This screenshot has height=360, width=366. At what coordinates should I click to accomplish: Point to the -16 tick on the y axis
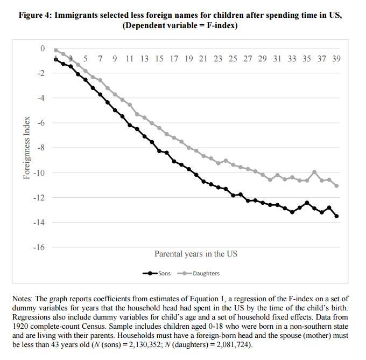coord(40,247)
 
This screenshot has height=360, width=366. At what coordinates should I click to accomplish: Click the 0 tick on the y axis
coord(44,49)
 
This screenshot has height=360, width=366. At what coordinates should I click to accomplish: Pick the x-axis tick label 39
coord(336,58)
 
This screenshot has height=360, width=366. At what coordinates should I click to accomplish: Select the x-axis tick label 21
coord(203,58)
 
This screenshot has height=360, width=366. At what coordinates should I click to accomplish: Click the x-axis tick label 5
coord(86,58)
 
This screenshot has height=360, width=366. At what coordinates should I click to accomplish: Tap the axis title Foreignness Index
coord(26,148)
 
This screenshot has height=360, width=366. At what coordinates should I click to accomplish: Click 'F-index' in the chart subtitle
coord(227,25)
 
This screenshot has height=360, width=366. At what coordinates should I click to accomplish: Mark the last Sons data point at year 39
coord(336,216)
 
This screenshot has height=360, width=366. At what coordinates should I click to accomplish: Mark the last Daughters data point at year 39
coord(336,186)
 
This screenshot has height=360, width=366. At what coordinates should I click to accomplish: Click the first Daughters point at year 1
coord(56,50)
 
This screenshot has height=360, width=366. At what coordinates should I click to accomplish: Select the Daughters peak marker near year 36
coord(314,172)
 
